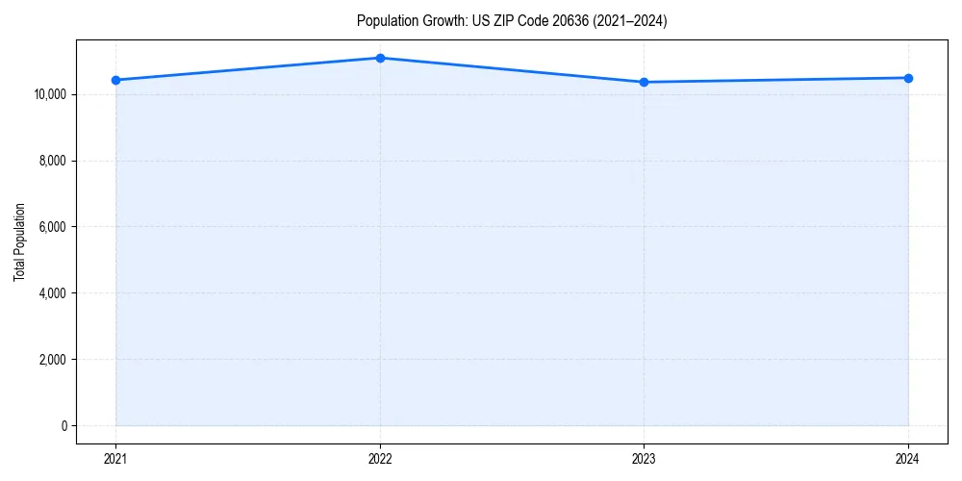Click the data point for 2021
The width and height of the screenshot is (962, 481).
[x=116, y=80]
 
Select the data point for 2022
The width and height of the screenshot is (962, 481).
[x=380, y=58]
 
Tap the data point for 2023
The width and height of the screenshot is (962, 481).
[x=644, y=82]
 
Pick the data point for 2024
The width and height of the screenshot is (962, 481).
[x=908, y=78]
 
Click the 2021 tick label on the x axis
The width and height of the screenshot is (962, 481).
[x=116, y=459]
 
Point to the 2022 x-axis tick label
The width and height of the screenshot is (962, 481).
[x=380, y=459]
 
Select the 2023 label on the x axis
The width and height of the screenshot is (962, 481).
[x=644, y=459]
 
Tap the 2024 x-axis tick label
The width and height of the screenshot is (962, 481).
[x=908, y=459]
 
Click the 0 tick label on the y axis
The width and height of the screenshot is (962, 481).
[x=63, y=426]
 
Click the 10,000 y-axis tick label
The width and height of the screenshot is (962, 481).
[x=49, y=94]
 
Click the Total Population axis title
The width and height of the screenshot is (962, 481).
[x=19, y=241]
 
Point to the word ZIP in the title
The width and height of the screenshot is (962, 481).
[x=505, y=21]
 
